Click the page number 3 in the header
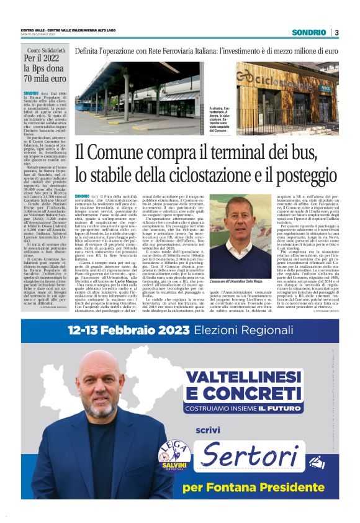click(x=336, y=32)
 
